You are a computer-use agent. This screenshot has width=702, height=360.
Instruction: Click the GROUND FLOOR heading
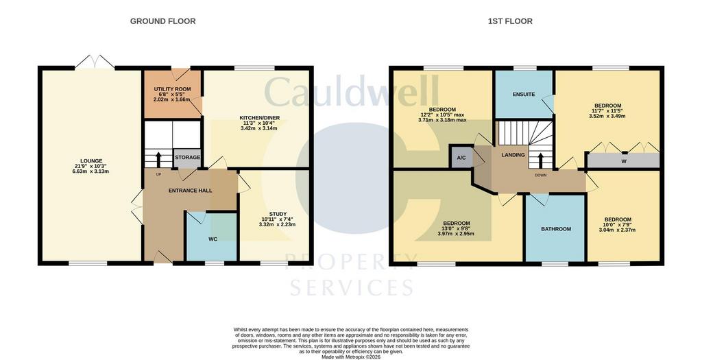(x=162, y=21)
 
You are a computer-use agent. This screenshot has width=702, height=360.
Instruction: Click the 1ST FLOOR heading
(x=510, y=21)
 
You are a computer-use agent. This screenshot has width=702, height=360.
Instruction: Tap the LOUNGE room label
(x=91, y=160)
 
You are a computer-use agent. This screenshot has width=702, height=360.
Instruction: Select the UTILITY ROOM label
(x=172, y=89)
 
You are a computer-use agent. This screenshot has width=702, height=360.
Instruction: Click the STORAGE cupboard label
(x=187, y=158)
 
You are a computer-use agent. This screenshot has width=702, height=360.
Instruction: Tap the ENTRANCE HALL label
(x=191, y=191)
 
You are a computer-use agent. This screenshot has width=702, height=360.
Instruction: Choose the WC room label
(x=213, y=239)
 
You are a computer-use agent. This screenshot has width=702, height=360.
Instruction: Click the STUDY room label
(x=278, y=214)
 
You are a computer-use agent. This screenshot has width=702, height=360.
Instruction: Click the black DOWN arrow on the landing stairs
(x=540, y=160)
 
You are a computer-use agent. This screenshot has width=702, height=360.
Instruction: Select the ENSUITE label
(x=524, y=95)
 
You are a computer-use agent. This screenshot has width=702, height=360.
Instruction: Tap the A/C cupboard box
(x=461, y=158)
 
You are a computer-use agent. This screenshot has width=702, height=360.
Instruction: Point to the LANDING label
(x=513, y=155)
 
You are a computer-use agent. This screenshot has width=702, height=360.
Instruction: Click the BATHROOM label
(x=556, y=229)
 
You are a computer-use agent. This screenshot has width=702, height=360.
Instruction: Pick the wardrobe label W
(x=624, y=162)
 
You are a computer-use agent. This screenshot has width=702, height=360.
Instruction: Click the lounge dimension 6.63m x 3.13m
(x=91, y=171)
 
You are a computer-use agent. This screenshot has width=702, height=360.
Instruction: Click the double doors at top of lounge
(x=94, y=62)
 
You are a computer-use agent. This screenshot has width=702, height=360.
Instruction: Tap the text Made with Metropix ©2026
(x=351, y=357)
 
